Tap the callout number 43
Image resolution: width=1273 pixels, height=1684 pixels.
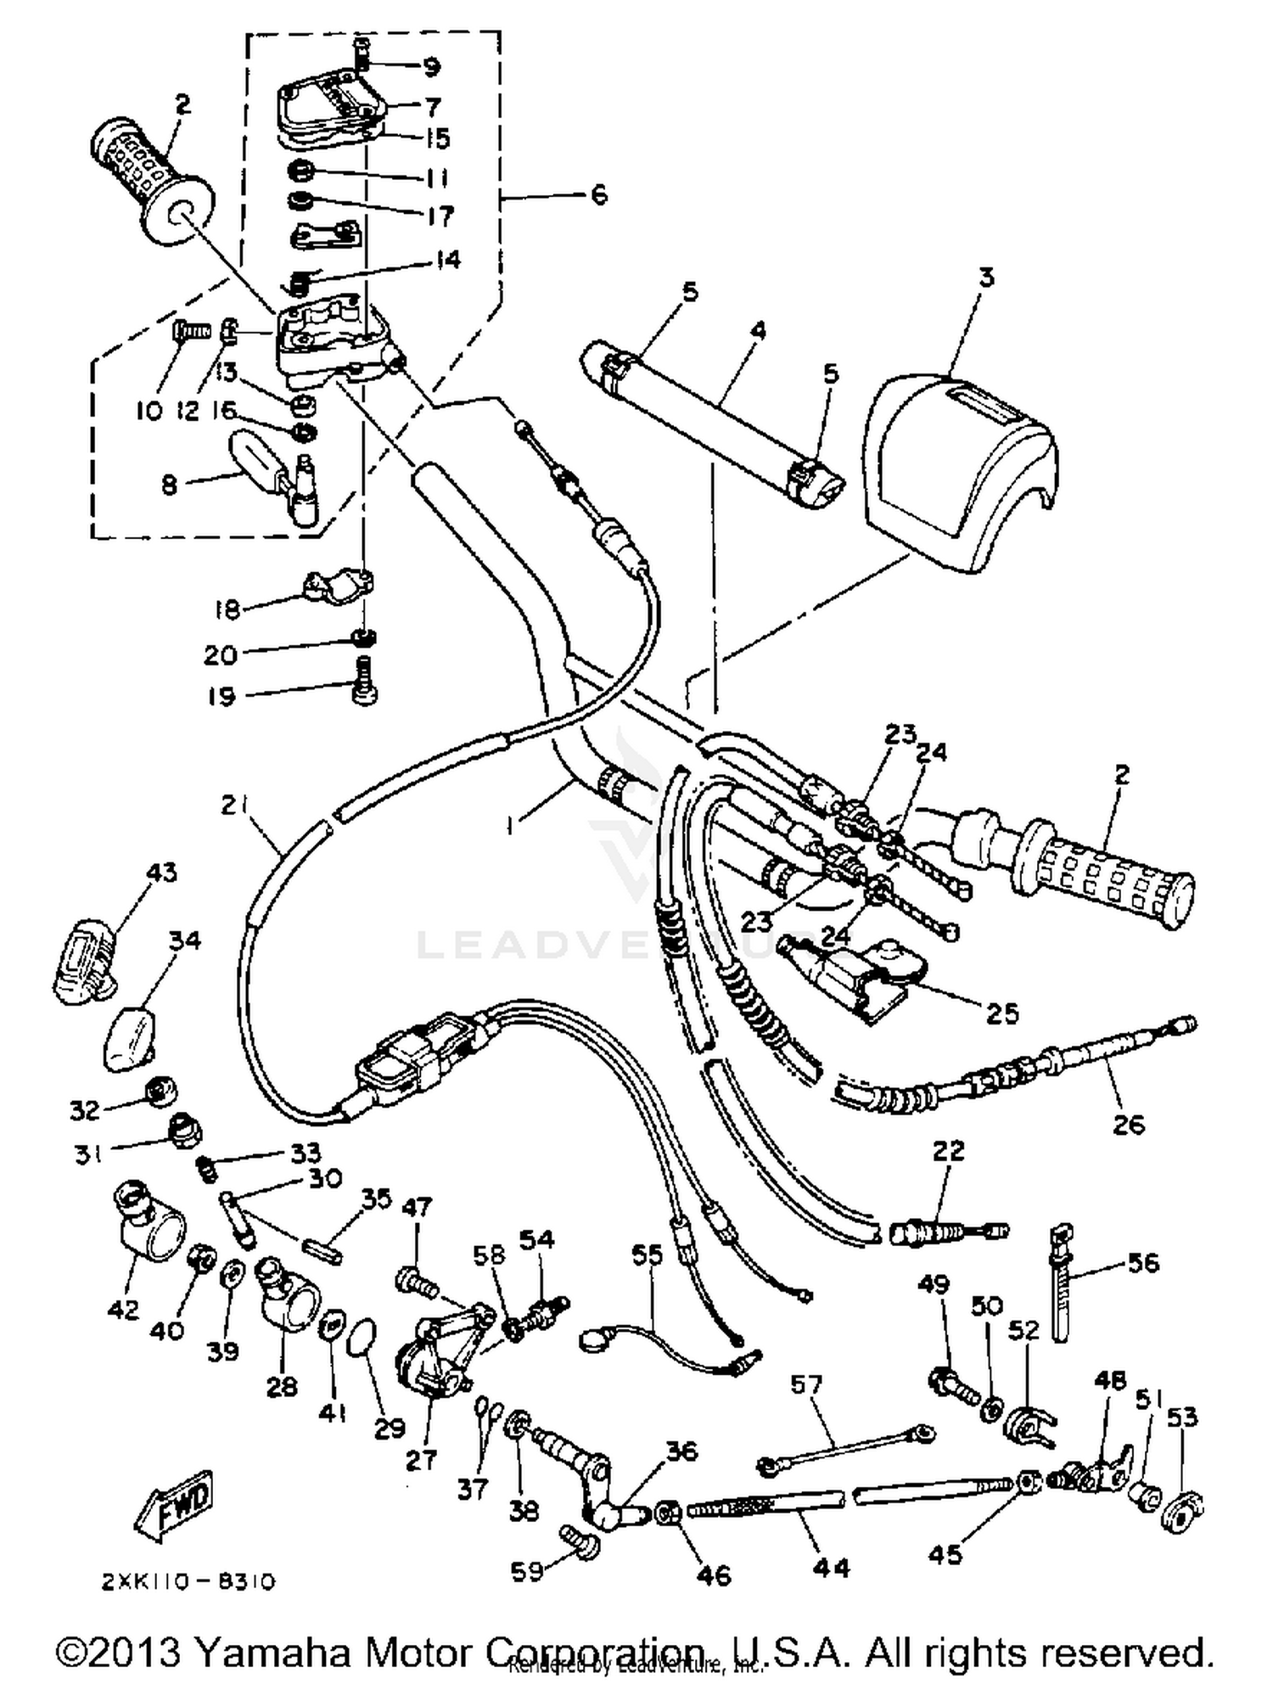pos(161,873)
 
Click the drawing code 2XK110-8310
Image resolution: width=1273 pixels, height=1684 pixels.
pos(188,1582)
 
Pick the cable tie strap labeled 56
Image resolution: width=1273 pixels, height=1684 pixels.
pos(1061,1290)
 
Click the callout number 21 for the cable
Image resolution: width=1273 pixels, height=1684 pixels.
pos(233,805)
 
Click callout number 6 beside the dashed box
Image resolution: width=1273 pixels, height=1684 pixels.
pos(599,195)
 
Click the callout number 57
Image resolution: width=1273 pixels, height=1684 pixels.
pos(805,1385)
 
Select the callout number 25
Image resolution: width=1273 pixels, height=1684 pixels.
pos(1001,1013)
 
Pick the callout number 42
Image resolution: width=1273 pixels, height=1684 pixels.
pos(122,1310)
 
